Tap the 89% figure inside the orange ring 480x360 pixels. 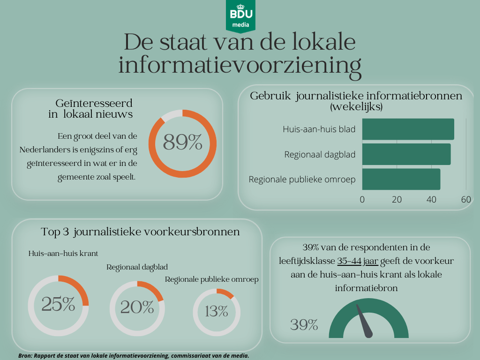182,142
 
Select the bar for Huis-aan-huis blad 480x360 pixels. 408,129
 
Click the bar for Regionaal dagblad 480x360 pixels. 406,154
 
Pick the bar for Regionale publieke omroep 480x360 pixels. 401,179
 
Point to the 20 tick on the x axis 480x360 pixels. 397,199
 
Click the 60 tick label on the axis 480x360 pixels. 465,199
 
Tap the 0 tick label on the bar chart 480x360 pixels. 362,199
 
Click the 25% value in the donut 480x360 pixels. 58,305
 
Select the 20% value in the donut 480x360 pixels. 137,307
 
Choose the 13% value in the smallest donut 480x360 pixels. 216,311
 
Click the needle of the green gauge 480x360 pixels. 364,321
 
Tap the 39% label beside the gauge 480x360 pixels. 304,325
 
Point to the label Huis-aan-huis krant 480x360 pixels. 63,254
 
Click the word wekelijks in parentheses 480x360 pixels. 356,107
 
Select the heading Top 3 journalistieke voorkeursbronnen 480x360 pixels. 140,232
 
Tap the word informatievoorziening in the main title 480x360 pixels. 240,65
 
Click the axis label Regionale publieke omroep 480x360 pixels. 302,179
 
